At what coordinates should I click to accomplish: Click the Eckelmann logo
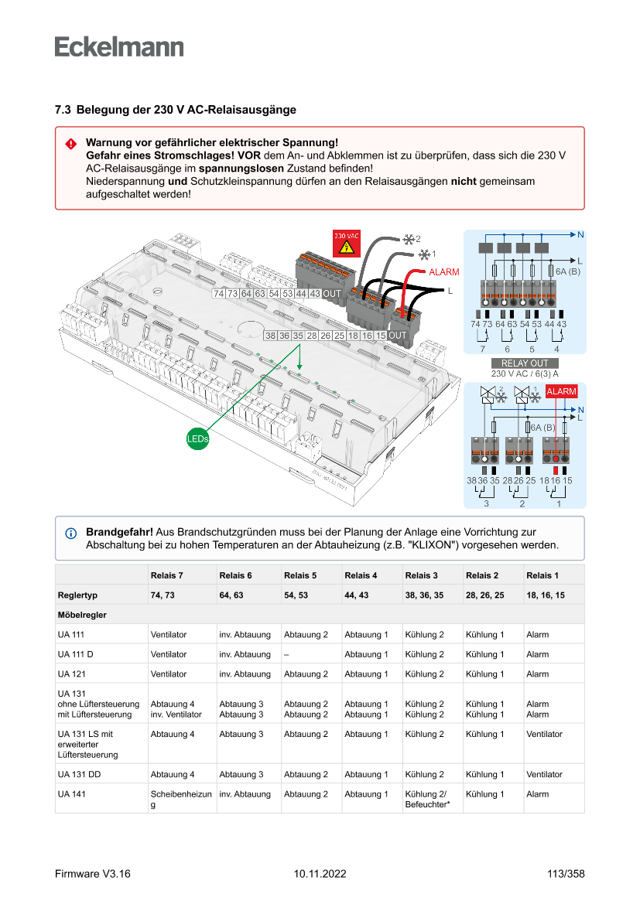point(119,46)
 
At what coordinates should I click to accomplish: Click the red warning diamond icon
point(70,144)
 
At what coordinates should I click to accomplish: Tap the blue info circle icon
point(70,534)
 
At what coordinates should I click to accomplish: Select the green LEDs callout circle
point(197,439)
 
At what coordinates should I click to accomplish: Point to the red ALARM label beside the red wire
point(443,272)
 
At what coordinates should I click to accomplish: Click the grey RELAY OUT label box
point(524,363)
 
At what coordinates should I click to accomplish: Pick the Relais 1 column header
point(542,575)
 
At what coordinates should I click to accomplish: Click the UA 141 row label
point(72,794)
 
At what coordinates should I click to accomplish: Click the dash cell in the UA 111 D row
point(286,654)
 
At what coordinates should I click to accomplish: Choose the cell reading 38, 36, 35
point(425,595)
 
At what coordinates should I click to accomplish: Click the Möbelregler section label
point(81,615)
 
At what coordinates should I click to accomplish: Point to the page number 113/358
point(561,874)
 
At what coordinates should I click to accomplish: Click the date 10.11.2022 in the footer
point(320,874)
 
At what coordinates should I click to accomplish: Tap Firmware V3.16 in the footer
point(92,874)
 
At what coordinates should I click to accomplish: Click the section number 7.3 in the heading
point(63,110)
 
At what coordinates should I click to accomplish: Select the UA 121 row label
point(71,674)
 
